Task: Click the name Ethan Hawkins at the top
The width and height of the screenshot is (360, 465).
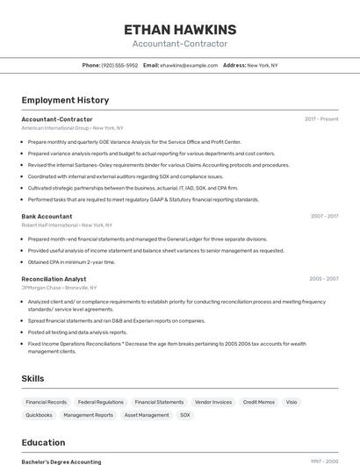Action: pos(180,30)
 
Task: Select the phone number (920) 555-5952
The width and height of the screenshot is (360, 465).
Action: pos(119,66)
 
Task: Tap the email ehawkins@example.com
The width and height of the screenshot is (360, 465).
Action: pos(189,66)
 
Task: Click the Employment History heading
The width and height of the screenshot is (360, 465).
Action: pos(65,100)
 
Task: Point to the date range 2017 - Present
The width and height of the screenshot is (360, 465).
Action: pos(321,119)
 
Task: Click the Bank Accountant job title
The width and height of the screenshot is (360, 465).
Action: pos(47,216)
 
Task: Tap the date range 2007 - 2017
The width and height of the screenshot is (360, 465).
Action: pos(324,216)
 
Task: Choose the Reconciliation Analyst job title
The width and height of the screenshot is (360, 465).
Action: pos(54,279)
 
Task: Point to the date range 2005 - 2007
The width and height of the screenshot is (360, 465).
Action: pos(323,279)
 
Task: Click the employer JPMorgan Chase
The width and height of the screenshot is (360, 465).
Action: pos(41,288)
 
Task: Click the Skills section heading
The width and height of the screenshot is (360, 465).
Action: pos(33,378)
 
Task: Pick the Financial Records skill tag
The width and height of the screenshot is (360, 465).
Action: pos(46,402)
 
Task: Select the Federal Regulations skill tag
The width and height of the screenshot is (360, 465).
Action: pos(100,402)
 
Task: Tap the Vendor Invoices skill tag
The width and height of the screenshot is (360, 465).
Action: pos(213,402)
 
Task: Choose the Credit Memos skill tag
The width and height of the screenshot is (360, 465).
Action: pos(259,402)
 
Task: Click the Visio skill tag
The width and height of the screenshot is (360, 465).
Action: pos(292,402)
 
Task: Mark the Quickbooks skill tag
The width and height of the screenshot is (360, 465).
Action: pos(39,415)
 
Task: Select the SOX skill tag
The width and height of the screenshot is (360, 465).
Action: pos(185,415)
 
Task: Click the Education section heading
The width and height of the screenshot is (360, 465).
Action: pos(43,442)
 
